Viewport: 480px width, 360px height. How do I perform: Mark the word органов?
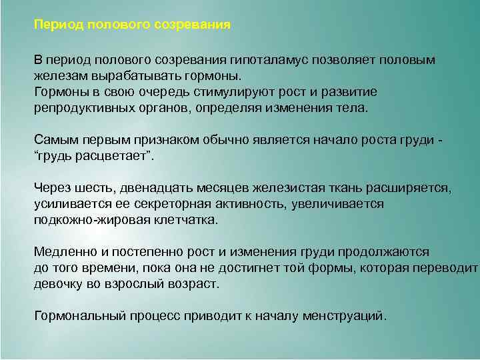(x=163, y=107)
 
